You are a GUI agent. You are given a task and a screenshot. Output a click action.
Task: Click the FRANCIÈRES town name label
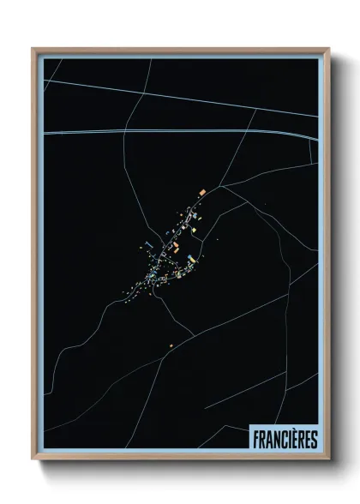[x=285, y=439]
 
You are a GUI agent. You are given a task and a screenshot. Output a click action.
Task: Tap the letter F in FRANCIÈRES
[x=255, y=439]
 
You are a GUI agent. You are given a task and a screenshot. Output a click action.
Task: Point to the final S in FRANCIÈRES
[x=314, y=439]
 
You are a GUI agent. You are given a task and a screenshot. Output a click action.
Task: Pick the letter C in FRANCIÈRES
[x=281, y=439]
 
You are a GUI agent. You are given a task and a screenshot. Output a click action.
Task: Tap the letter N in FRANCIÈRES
[x=274, y=439]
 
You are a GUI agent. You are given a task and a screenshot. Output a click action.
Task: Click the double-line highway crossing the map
[x=171, y=133]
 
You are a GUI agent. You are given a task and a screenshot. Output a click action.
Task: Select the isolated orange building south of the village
[x=172, y=345]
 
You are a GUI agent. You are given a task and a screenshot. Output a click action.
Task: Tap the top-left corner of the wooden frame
[x=33, y=49]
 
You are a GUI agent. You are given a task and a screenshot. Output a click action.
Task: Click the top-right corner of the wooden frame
[x=329, y=49]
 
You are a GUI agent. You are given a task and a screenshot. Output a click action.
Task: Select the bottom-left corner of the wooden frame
[x=33, y=460]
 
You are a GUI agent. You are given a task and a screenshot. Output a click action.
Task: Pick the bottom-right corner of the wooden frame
[x=329, y=460]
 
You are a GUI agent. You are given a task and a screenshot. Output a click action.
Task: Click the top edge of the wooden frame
[x=180, y=50]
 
